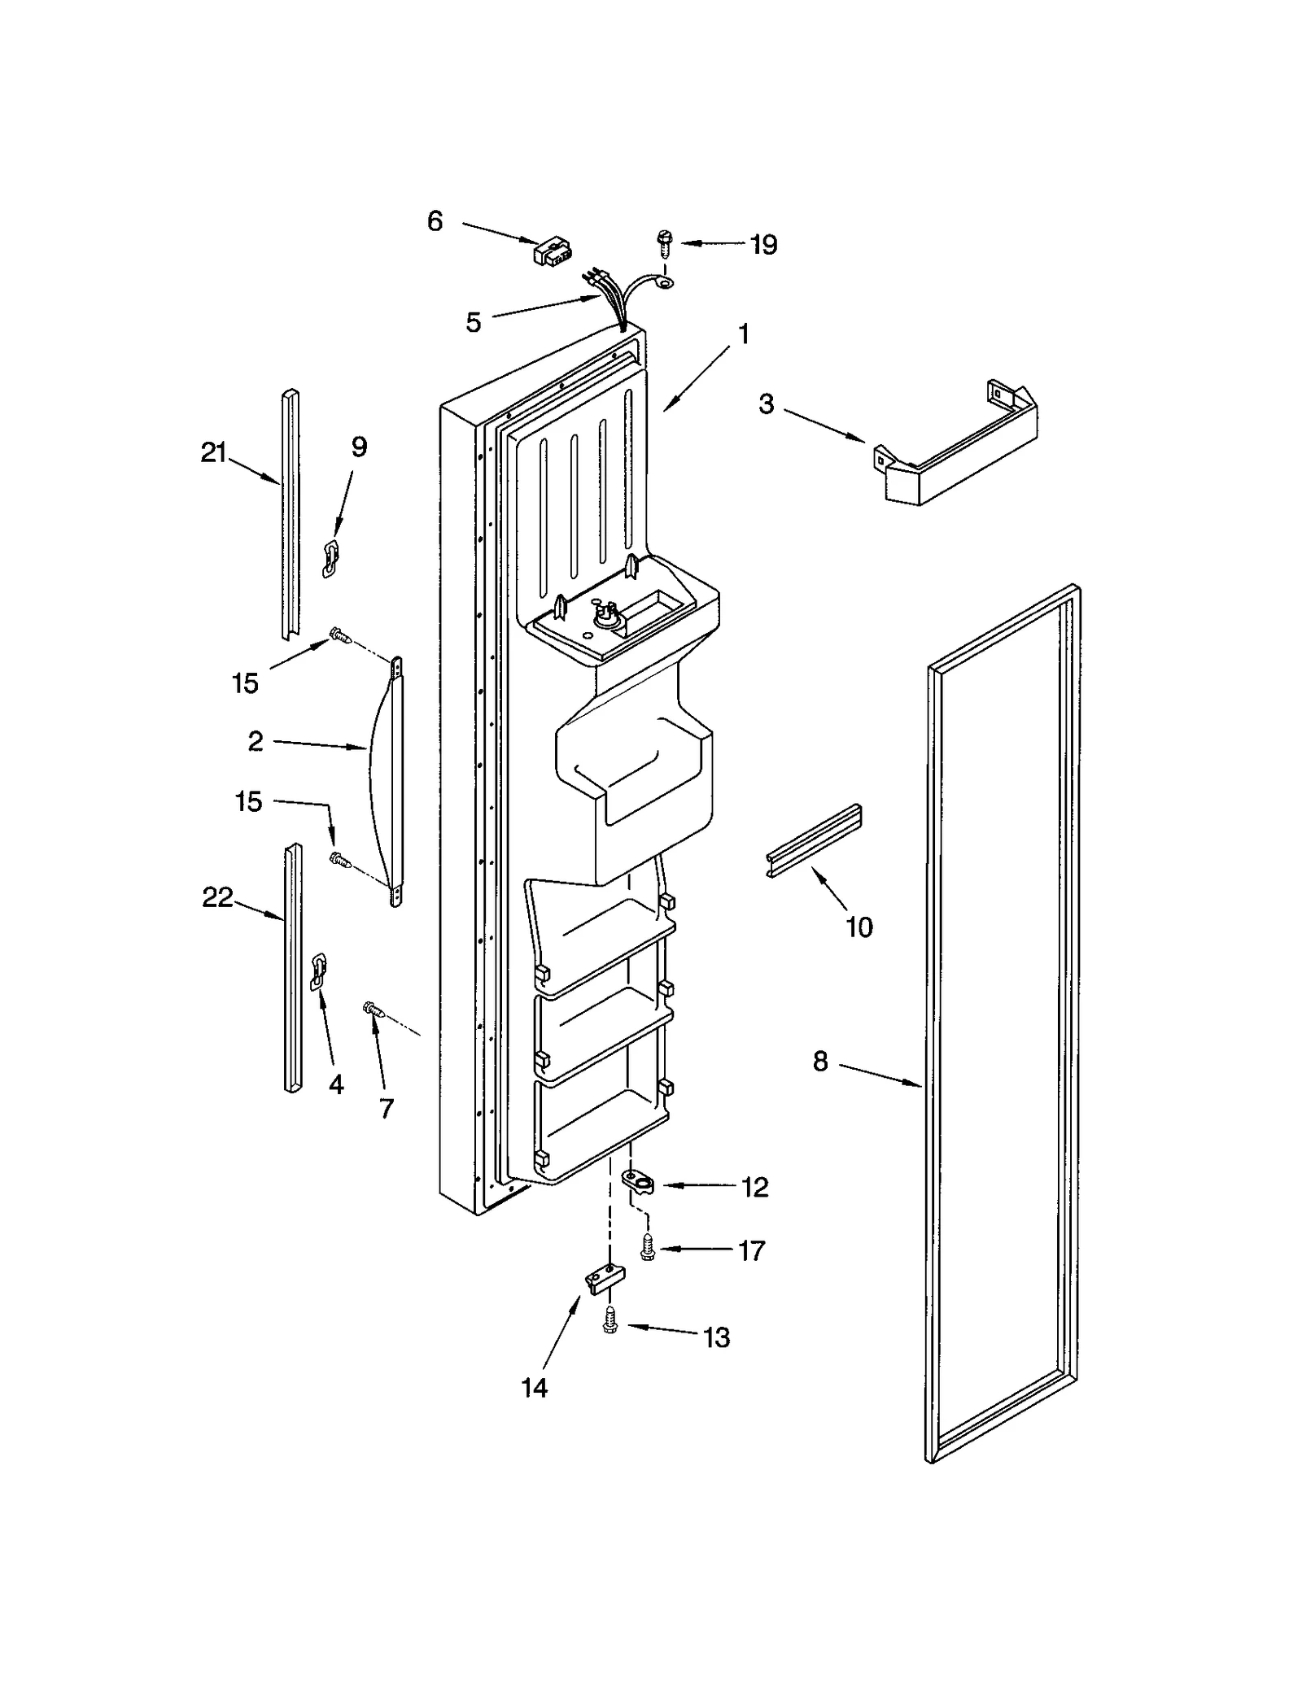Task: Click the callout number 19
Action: pyautogui.click(x=763, y=245)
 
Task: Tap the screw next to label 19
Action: pyautogui.click(x=664, y=242)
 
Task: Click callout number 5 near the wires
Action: pyautogui.click(x=474, y=323)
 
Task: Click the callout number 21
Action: pyautogui.click(x=213, y=453)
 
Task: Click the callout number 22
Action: pyautogui.click(x=217, y=898)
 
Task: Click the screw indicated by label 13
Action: pyautogui.click(x=609, y=1322)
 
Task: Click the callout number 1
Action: pyautogui.click(x=743, y=335)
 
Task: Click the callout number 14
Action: pyautogui.click(x=535, y=1389)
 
